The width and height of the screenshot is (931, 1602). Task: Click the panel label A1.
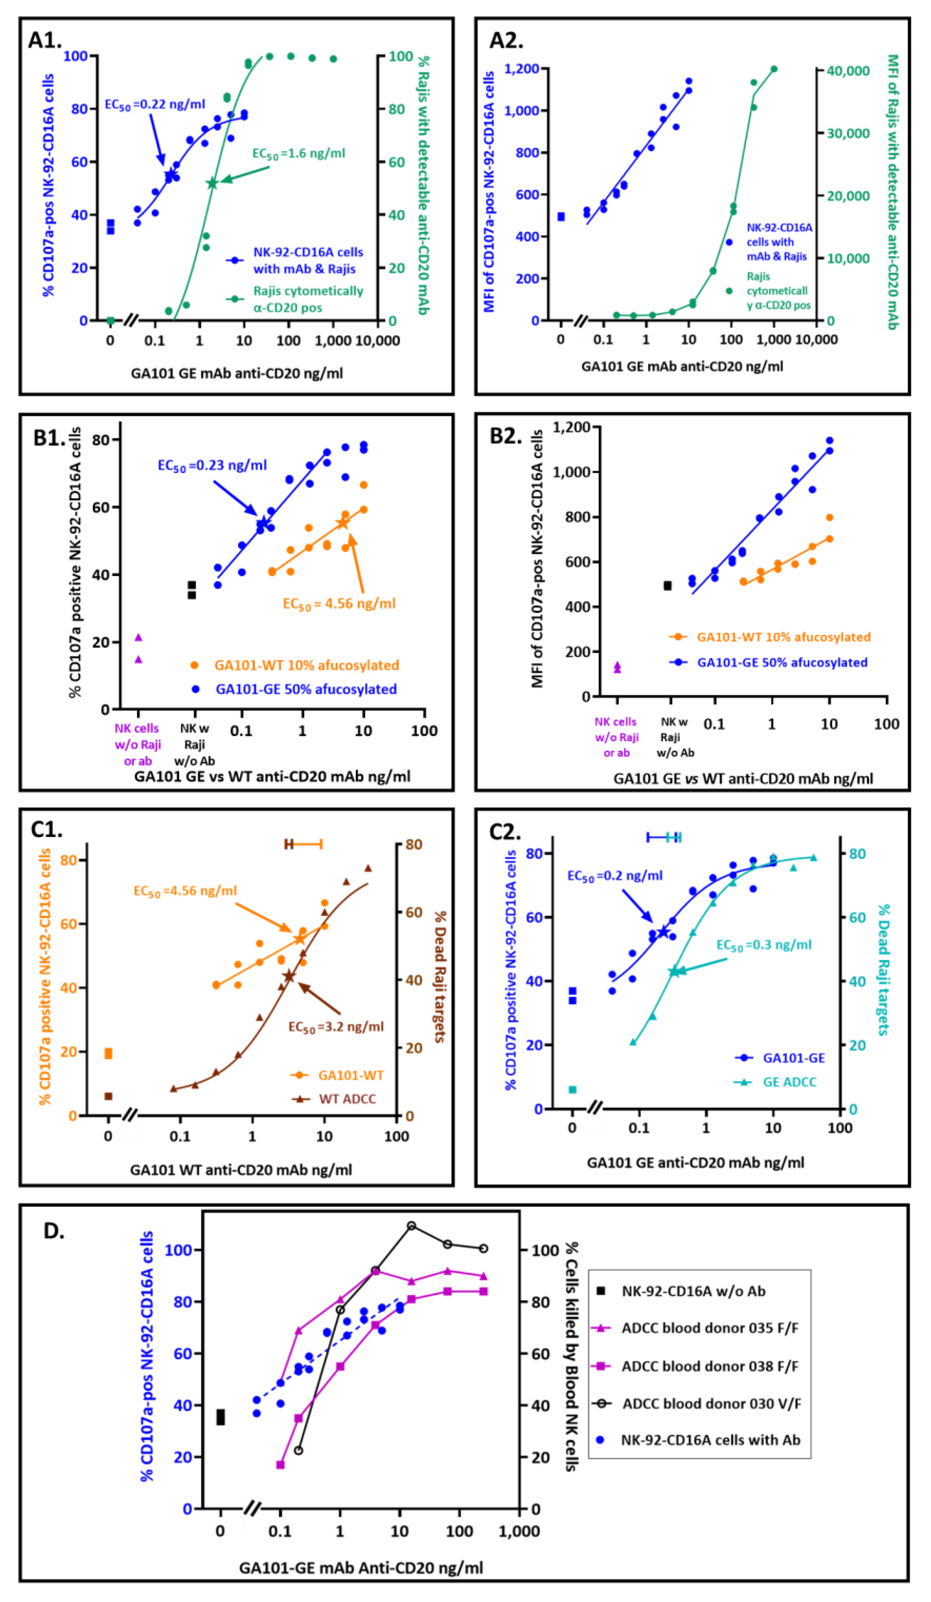45,40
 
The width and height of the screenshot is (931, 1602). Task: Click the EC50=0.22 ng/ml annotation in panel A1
155,104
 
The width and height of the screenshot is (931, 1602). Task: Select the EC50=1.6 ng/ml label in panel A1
298,153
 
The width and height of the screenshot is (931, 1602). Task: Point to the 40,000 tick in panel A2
847,70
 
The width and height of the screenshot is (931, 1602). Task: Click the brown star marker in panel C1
288,976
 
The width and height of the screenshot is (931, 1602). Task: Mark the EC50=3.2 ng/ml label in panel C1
336,1027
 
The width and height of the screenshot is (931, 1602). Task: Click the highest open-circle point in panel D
411,1225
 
